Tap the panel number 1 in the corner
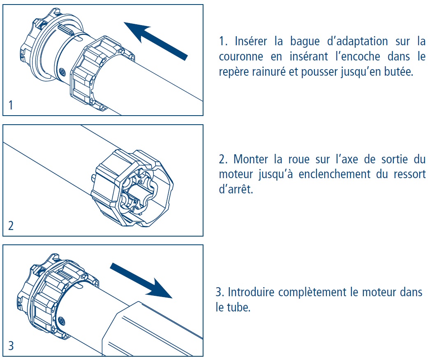click(11, 105)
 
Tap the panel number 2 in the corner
click(11, 226)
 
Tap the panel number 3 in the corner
click(11, 346)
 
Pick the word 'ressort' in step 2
click(407, 174)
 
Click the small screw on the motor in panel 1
click(62, 72)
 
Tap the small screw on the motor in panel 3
click(62, 320)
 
